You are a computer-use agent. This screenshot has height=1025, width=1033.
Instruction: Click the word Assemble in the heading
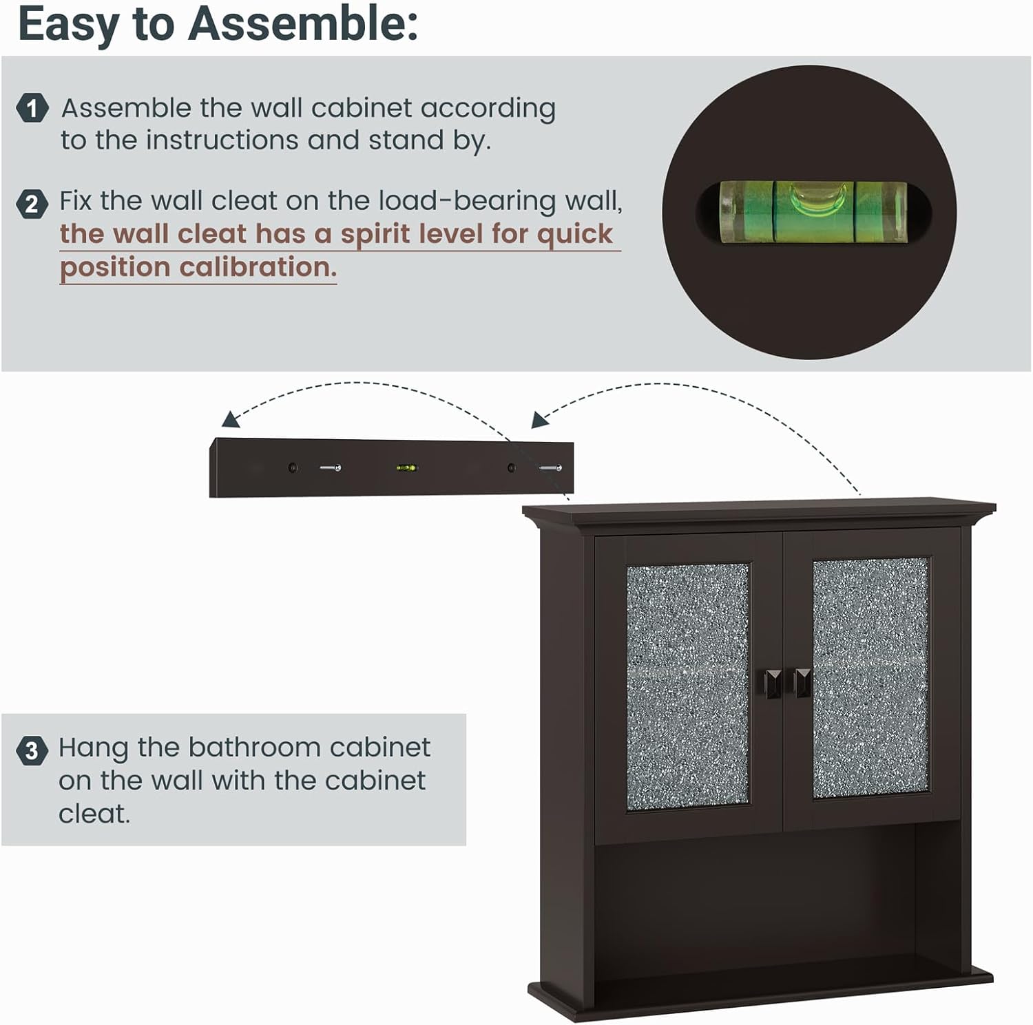click(x=302, y=25)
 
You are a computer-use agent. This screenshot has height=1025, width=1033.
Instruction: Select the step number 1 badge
click(x=32, y=108)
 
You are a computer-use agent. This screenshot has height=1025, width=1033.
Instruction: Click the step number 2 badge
click(x=32, y=204)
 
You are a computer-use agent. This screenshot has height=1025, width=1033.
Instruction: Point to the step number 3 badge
click(x=32, y=750)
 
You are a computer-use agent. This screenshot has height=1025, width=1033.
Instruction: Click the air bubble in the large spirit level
click(x=813, y=198)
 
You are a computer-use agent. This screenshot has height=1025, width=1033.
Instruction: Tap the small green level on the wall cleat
click(x=406, y=468)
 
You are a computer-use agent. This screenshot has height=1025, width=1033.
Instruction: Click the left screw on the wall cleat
click(x=330, y=468)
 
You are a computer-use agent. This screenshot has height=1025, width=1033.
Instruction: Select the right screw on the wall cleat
click(x=550, y=468)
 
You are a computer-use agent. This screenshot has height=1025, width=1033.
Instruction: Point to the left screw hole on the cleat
click(x=293, y=468)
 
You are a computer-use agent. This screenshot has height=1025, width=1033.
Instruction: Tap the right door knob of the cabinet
click(x=802, y=682)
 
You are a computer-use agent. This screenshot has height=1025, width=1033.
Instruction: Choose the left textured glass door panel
click(x=687, y=686)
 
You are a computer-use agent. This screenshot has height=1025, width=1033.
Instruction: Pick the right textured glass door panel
click(x=871, y=678)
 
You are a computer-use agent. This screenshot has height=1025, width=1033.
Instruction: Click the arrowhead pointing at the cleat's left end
click(x=230, y=419)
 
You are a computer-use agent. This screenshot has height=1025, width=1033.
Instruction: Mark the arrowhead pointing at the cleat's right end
click(x=540, y=419)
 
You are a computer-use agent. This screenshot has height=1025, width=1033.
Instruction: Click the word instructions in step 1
click(x=223, y=140)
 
